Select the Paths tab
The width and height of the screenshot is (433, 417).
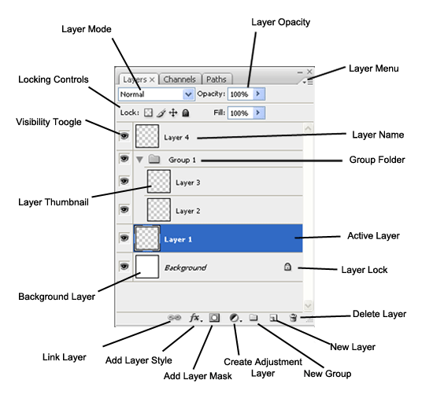click(x=216, y=79)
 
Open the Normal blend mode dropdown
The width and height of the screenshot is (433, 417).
click(x=156, y=94)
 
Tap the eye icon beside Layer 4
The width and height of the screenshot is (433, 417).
click(x=124, y=135)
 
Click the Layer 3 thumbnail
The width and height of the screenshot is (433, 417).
click(x=160, y=183)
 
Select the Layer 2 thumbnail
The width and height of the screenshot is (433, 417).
click(x=160, y=210)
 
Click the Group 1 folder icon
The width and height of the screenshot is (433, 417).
click(x=154, y=159)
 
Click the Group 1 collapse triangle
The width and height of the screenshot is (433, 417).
click(x=139, y=159)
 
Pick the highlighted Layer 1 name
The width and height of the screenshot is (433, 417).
click(x=178, y=238)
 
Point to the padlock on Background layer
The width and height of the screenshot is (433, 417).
click(x=287, y=267)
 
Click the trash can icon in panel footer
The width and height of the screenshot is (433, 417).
click(x=293, y=318)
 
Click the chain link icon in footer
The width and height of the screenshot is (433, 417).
click(x=175, y=318)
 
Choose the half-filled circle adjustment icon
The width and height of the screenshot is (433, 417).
click(x=234, y=318)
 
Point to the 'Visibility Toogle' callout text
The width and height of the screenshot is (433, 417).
click(x=48, y=122)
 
